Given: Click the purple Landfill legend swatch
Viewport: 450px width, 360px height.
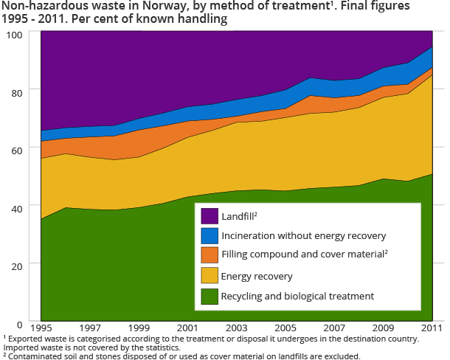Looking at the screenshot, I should point(210,215).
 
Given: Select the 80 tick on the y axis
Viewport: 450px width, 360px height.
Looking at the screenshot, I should point(15,91).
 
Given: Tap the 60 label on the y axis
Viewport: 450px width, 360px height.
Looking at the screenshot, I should point(15,149).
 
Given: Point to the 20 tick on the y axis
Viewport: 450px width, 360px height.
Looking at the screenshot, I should point(15,265).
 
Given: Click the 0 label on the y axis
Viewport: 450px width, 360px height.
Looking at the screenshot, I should point(18,323).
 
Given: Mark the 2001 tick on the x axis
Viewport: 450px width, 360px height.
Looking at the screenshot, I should point(188,327).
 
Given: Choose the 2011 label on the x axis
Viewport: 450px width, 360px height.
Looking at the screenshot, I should point(431,327).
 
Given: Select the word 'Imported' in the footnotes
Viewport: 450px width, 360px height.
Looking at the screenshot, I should point(18,347).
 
